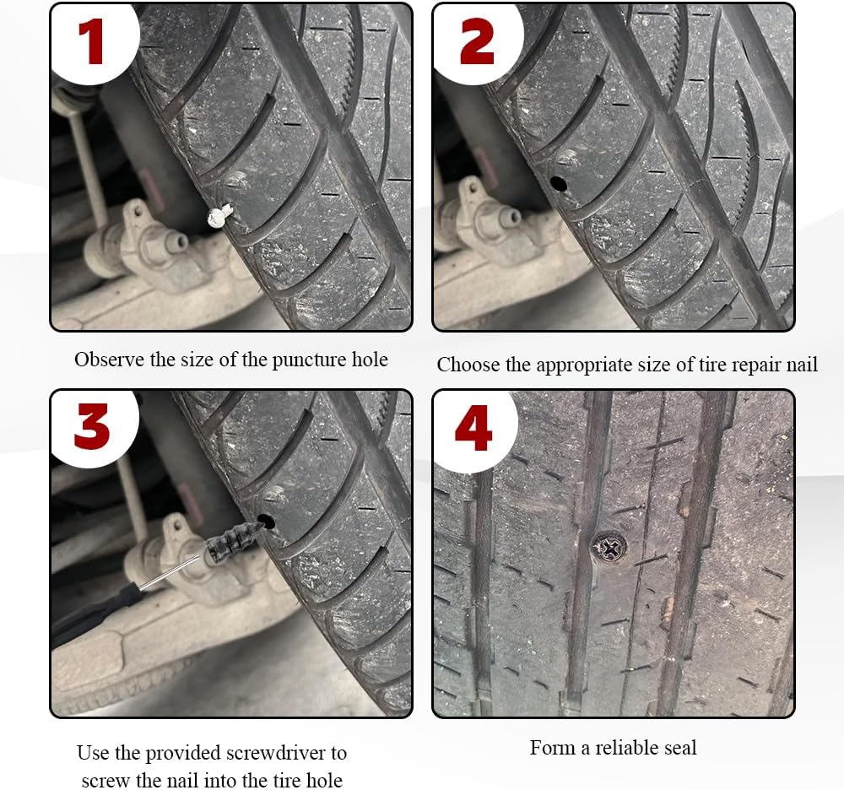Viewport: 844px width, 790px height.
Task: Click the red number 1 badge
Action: pos(90,41)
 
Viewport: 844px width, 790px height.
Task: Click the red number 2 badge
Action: pos(476,41)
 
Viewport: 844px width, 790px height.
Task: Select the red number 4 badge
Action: pos(473,428)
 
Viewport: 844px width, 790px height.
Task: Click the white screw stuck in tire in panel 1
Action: pos(219,215)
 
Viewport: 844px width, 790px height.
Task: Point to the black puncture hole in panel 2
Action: pos(559,184)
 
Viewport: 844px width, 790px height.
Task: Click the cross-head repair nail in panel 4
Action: pos(609,547)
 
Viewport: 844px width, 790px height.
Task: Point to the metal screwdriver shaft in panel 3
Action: pos(173,573)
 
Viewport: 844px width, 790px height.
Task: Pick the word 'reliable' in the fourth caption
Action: pos(626,747)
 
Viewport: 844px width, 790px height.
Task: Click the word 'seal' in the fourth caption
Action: pos(679,747)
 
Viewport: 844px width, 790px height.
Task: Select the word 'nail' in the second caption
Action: pos(802,365)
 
